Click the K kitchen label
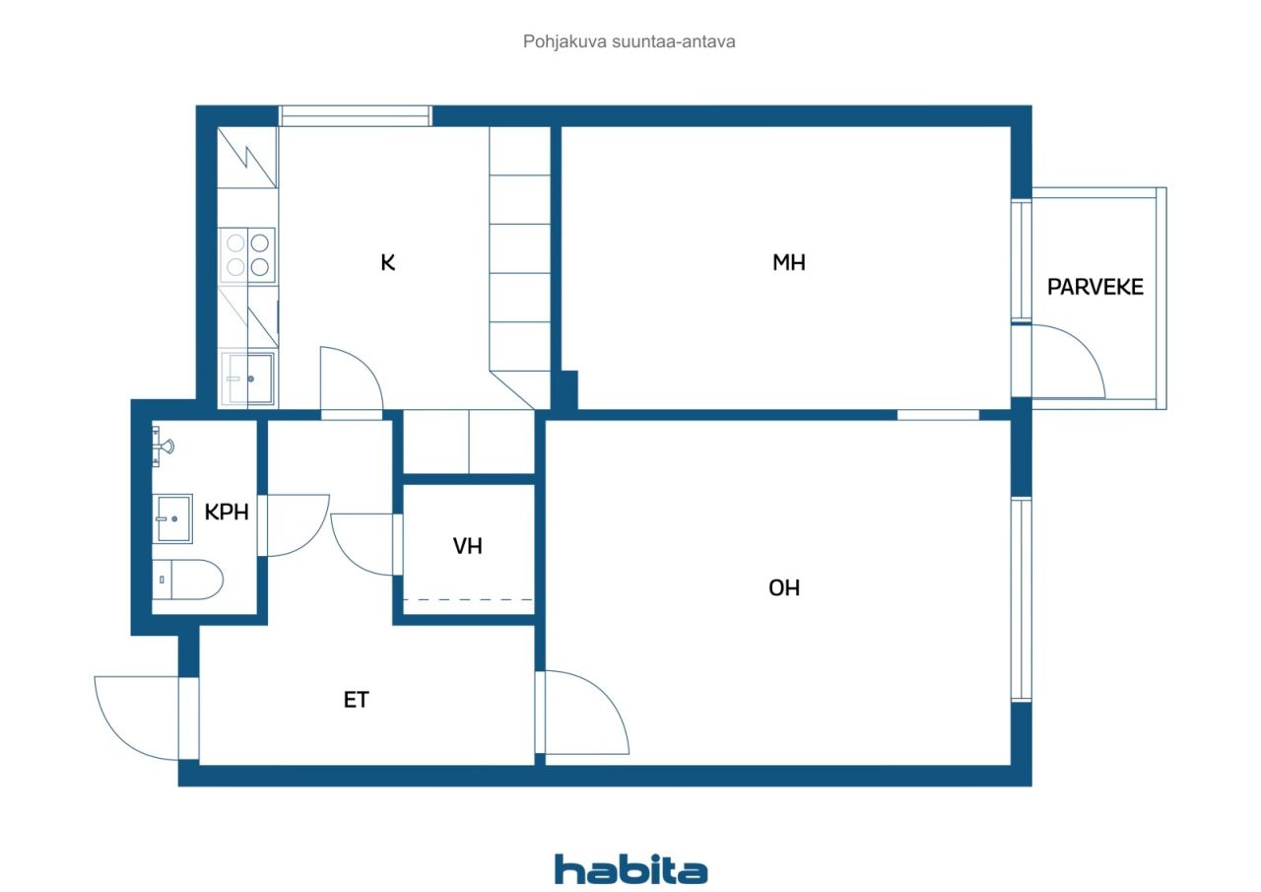coord(388,262)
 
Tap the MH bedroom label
coord(788,262)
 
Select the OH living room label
coord(784,588)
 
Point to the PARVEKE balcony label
coord(1095,288)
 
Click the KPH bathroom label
coord(226,513)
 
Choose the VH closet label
coord(467,546)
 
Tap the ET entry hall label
coord(356,700)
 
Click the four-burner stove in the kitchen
coord(247,253)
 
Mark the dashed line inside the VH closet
coord(468,599)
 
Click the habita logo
coord(630,869)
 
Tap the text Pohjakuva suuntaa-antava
coord(630,42)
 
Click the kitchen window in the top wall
coord(356,115)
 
